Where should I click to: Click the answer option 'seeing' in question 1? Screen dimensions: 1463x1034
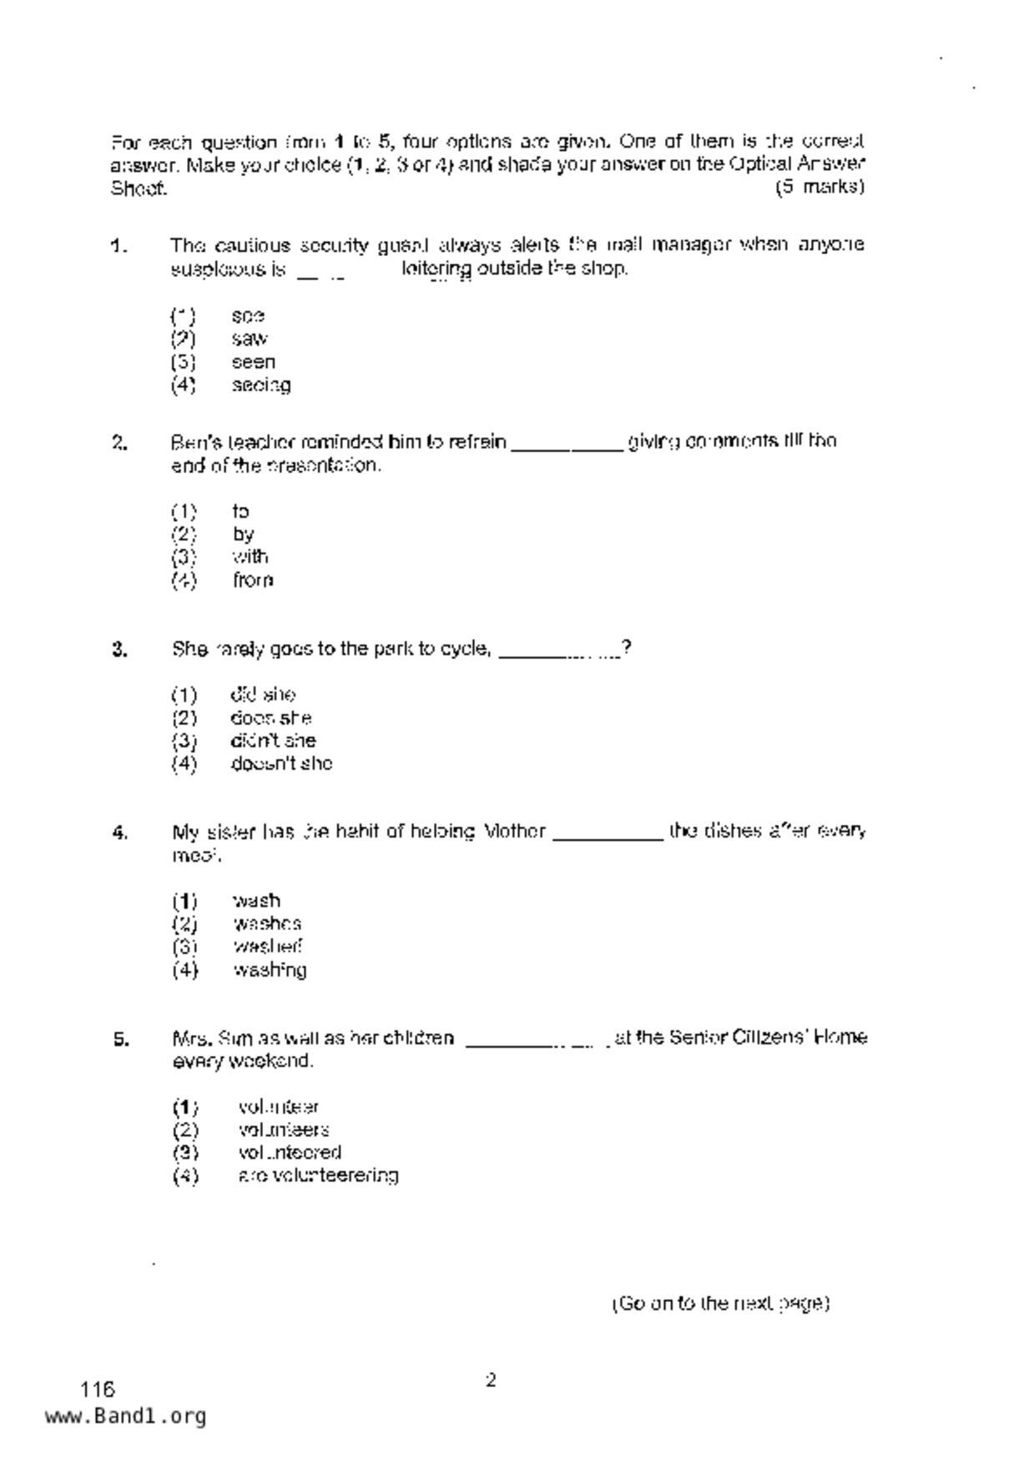coord(261,385)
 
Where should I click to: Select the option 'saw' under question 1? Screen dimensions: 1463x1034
coord(250,339)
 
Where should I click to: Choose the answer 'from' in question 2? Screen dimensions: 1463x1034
coord(253,580)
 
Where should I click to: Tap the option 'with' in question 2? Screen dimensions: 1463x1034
coord(250,556)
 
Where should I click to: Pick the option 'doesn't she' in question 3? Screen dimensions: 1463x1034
coord(281,763)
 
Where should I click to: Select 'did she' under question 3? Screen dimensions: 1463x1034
coord(263,695)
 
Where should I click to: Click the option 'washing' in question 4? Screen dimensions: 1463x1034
coord(270,970)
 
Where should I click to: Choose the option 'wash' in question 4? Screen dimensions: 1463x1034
coord(257,901)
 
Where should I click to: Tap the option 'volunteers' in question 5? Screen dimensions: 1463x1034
coord(284,1129)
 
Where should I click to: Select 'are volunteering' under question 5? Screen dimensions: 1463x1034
coord(318,1175)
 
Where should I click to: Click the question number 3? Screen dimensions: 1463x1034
coord(119,650)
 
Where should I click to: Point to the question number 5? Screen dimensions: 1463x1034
coord(121,1039)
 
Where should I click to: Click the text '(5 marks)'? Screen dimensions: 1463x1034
coord(820,187)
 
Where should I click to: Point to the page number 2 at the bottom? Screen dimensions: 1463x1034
coord(491,1380)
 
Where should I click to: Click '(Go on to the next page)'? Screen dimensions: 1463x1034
coord(720,1304)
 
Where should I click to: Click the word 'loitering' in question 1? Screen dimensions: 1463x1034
coord(436,269)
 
